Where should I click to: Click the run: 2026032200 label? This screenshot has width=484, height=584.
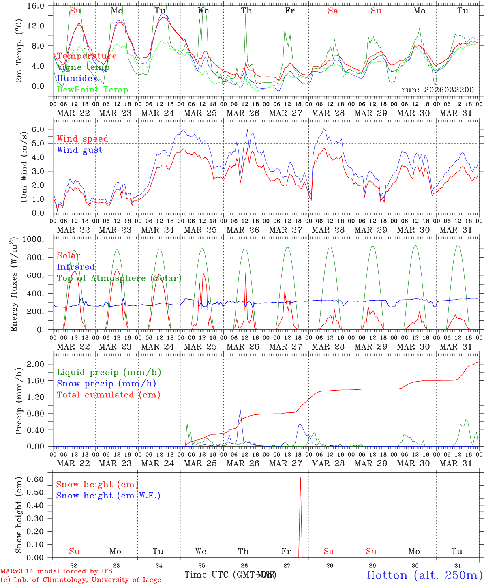click(437, 90)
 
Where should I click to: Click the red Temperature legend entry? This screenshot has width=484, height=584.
click(87, 56)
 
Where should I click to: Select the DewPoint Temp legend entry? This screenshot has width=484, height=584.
click(92, 90)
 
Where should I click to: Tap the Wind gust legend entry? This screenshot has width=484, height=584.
click(79, 150)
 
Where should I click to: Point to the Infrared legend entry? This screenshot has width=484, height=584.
click(76, 267)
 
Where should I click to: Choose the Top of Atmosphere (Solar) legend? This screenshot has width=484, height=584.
click(119, 278)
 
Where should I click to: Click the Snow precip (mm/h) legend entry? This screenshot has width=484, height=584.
click(106, 384)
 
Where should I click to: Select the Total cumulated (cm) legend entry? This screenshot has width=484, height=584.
click(108, 395)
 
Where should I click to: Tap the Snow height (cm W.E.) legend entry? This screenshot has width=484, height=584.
click(108, 496)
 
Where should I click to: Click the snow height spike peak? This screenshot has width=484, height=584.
click(300, 479)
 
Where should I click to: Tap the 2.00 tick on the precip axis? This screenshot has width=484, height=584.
click(36, 364)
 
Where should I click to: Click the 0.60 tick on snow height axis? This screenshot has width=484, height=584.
click(36, 479)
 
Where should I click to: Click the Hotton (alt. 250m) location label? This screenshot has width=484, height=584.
click(424, 575)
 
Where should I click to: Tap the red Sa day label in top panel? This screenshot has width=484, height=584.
click(333, 11)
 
